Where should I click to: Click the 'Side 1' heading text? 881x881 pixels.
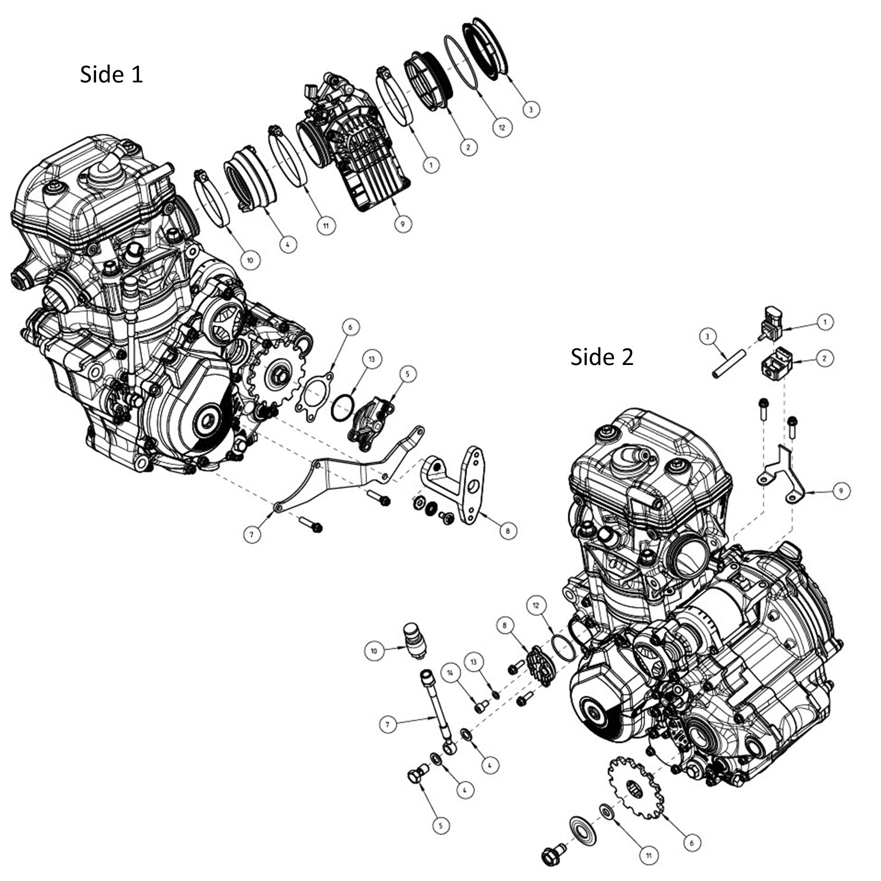point(111,74)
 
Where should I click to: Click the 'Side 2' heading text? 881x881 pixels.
point(602,358)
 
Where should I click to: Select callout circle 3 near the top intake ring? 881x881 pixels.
point(531,109)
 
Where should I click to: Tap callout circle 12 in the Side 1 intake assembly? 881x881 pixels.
point(502,127)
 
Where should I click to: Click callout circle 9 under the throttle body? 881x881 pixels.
point(402,223)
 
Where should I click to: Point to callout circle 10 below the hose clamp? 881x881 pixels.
point(250,260)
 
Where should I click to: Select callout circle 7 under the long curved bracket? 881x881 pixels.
point(252,535)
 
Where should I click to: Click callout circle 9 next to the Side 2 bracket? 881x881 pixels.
point(841,491)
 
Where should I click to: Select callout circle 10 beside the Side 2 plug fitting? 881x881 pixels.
point(374,651)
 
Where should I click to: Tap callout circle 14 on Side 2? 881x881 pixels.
point(450,673)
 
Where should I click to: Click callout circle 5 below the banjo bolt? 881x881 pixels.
point(441,825)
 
